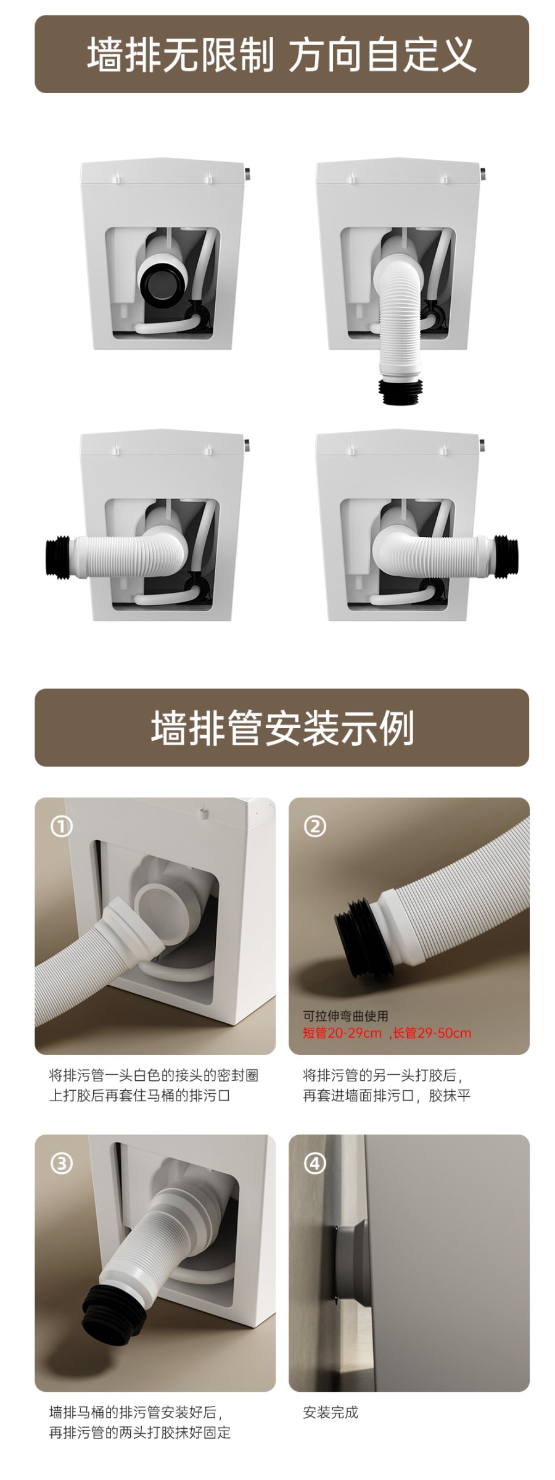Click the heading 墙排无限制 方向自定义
tap(282, 55)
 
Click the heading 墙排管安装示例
tap(282, 728)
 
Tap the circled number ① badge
tap(61, 826)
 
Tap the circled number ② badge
tap(315, 826)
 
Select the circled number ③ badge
tap(61, 1164)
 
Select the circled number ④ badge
tap(315, 1164)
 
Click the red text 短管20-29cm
tap(342, 1033)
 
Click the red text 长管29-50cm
tap(432, 1033)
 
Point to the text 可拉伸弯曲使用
tap(345, 1015)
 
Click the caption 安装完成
tap(331, 1412)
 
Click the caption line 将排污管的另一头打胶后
tap(382, 1075)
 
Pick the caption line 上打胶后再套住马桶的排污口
tap(139, 1096)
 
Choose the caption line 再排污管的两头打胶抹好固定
tap(139, 1432)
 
